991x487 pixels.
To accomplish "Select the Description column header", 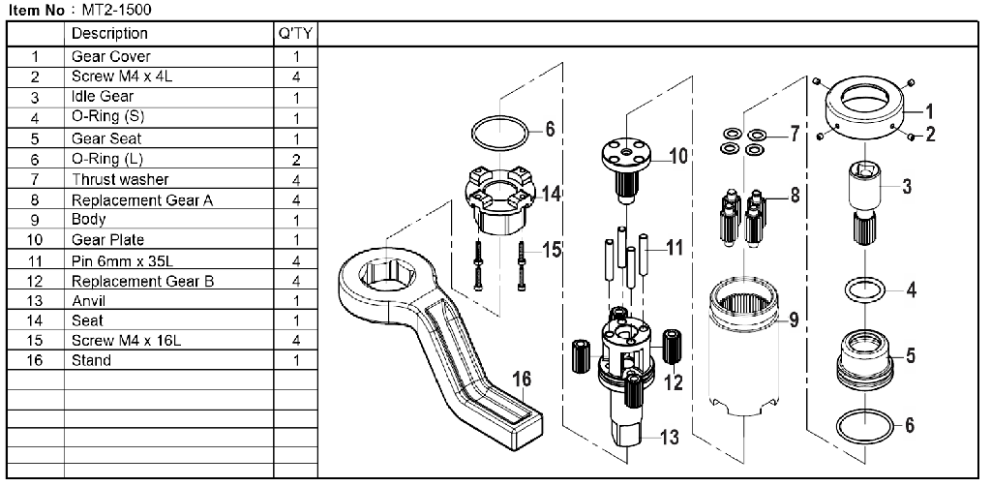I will point(109,34).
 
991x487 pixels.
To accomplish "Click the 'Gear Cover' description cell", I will point(110,56).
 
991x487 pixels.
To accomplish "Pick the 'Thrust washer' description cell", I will point(119,179).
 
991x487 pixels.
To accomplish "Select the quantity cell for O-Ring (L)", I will point(295,159).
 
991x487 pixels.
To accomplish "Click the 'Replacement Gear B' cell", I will point(142,281).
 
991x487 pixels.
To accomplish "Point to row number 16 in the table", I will point(35,360).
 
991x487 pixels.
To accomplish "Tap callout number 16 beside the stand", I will point(521,379).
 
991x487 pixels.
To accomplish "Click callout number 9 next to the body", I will point(793,318).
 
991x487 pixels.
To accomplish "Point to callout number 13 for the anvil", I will point(669,438).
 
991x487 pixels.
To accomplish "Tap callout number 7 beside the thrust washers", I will point(794,133).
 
